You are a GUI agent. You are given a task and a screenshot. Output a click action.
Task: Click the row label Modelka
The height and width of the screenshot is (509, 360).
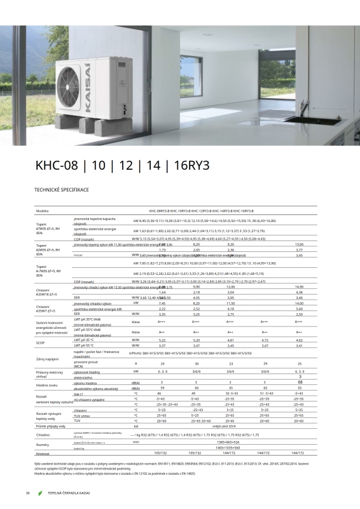click(42, 211)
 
